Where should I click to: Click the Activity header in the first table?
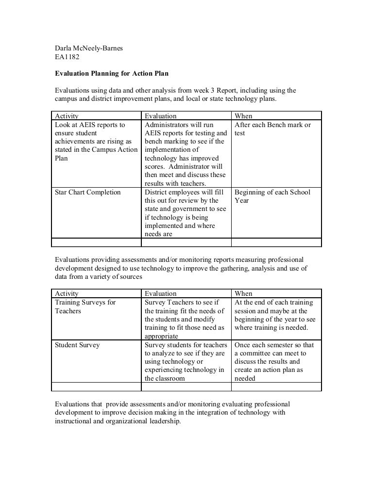67,116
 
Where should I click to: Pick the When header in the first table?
243,116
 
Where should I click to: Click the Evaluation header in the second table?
161,293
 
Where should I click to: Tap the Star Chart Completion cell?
87,192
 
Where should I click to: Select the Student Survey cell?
77,345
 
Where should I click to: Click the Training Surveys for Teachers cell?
85,306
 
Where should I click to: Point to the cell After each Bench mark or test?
272,129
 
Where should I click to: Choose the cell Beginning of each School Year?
272,196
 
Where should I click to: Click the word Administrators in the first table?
170,125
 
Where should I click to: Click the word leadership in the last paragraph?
160,421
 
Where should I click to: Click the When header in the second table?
243,293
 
